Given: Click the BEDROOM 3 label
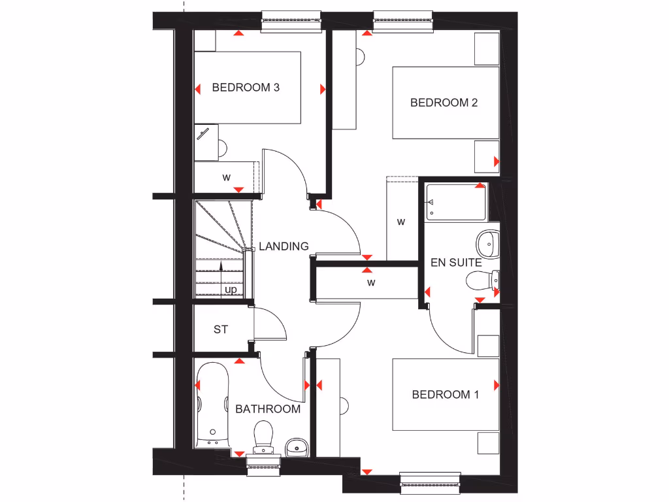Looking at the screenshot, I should [246, 87].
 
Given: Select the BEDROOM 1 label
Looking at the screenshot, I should [445, 394].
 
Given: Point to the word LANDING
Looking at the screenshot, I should [284, 246].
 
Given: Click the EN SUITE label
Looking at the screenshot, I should [455, 263].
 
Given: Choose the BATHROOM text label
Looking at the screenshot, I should [268, 409].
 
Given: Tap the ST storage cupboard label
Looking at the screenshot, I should [221, 329].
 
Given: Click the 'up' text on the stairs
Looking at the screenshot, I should [231, 289].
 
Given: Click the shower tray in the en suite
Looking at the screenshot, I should [455, 203].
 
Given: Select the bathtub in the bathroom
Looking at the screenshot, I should [212, 406].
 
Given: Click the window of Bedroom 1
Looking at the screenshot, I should [431, 482].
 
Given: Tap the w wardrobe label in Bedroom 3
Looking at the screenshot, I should [227, 177].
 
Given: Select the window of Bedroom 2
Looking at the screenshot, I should [402, 21].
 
